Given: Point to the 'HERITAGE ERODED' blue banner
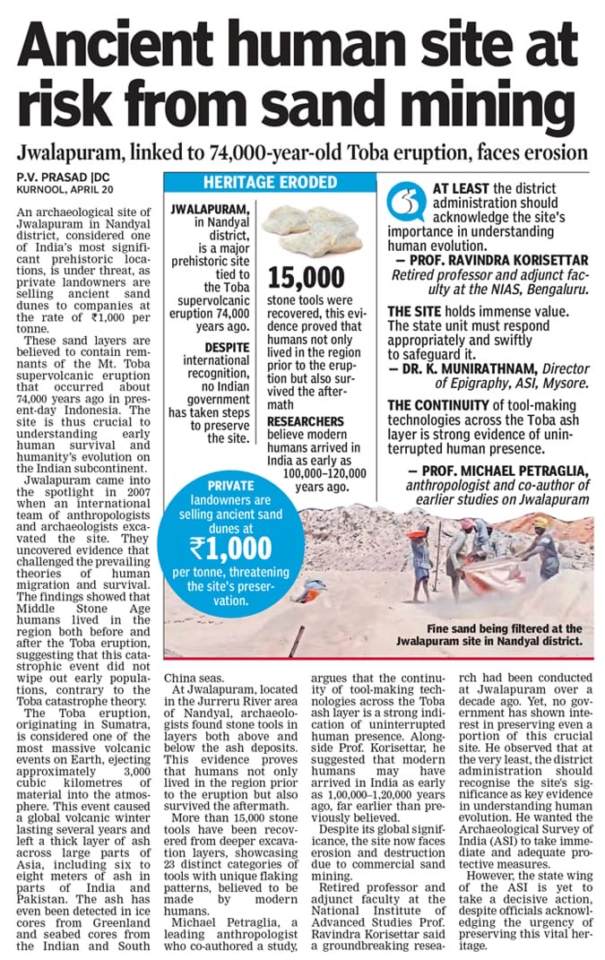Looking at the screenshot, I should (257, 182).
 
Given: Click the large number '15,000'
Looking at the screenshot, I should (306, 276).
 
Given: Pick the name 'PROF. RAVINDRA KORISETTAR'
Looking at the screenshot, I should (489, 259).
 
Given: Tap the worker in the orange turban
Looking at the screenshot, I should (418, 556).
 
